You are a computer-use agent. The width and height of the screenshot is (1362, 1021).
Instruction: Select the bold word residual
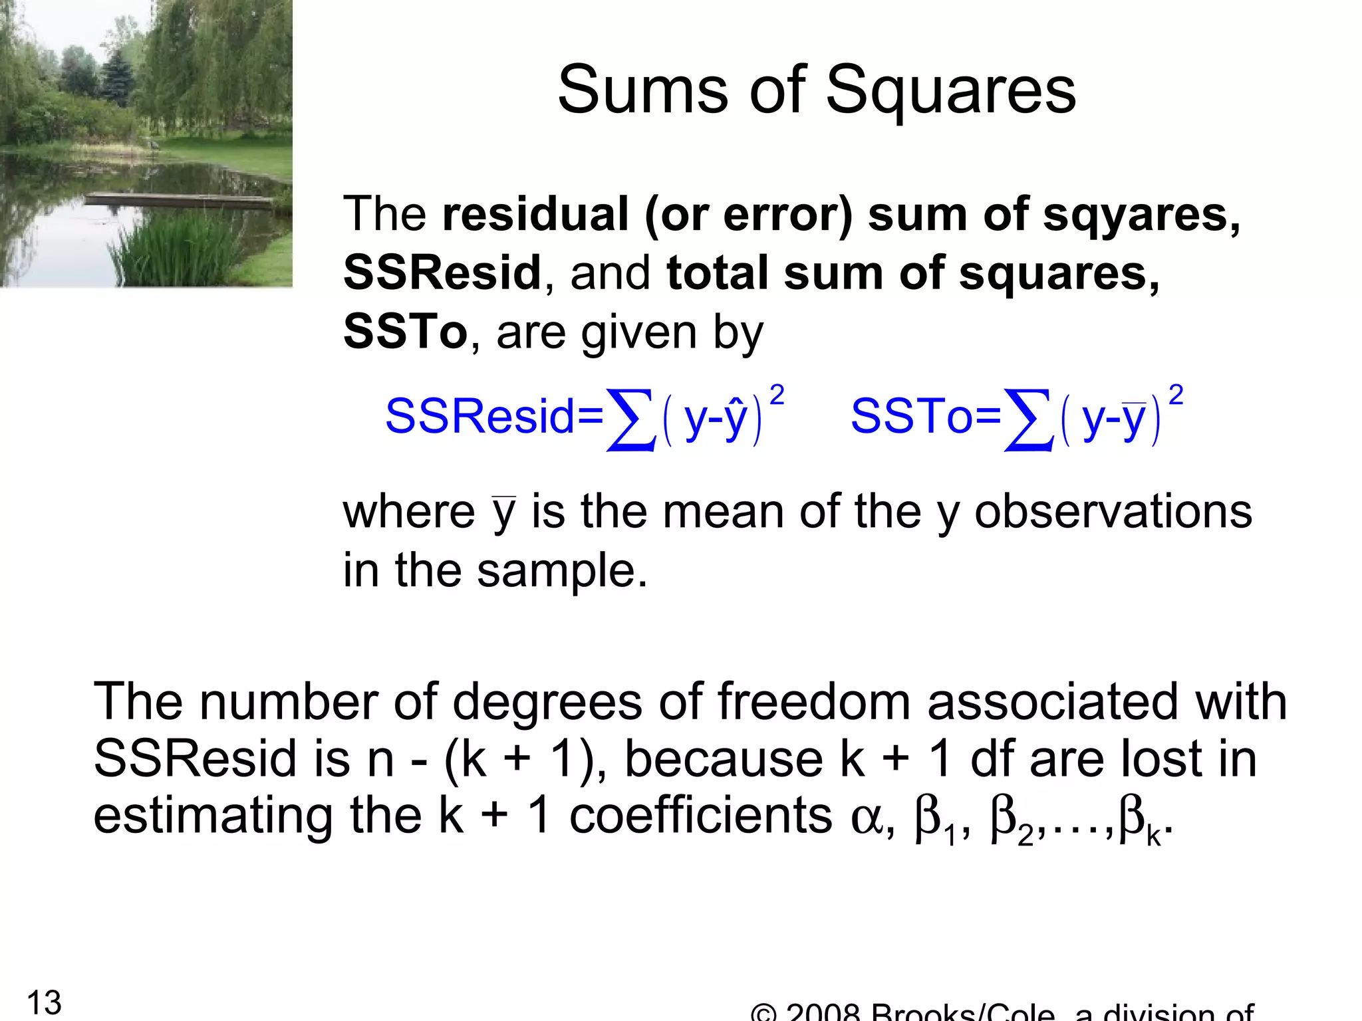tap(535, 214)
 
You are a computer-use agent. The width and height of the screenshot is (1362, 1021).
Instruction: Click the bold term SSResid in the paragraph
tap(442, 273)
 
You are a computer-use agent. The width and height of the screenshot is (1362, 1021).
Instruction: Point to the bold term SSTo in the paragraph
tap(405, 332)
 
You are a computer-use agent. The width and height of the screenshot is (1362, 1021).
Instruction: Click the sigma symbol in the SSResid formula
tap(631, 419)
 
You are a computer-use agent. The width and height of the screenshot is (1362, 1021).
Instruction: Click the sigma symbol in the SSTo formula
tap(1029, 419)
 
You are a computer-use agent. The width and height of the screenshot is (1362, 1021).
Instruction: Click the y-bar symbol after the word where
tap(503, 513)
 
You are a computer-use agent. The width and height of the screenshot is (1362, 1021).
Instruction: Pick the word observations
tap(1113, 512)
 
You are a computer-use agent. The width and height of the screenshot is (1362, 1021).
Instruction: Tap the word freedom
tap(813, 702)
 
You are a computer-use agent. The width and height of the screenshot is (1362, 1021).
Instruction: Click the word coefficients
tap(700, 816)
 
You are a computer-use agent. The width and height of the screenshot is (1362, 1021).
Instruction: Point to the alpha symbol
tap(867, 818)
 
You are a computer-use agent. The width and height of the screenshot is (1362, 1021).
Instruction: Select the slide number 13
tap(44, 1002)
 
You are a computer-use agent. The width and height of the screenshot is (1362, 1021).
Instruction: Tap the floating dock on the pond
tap(180, 198)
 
